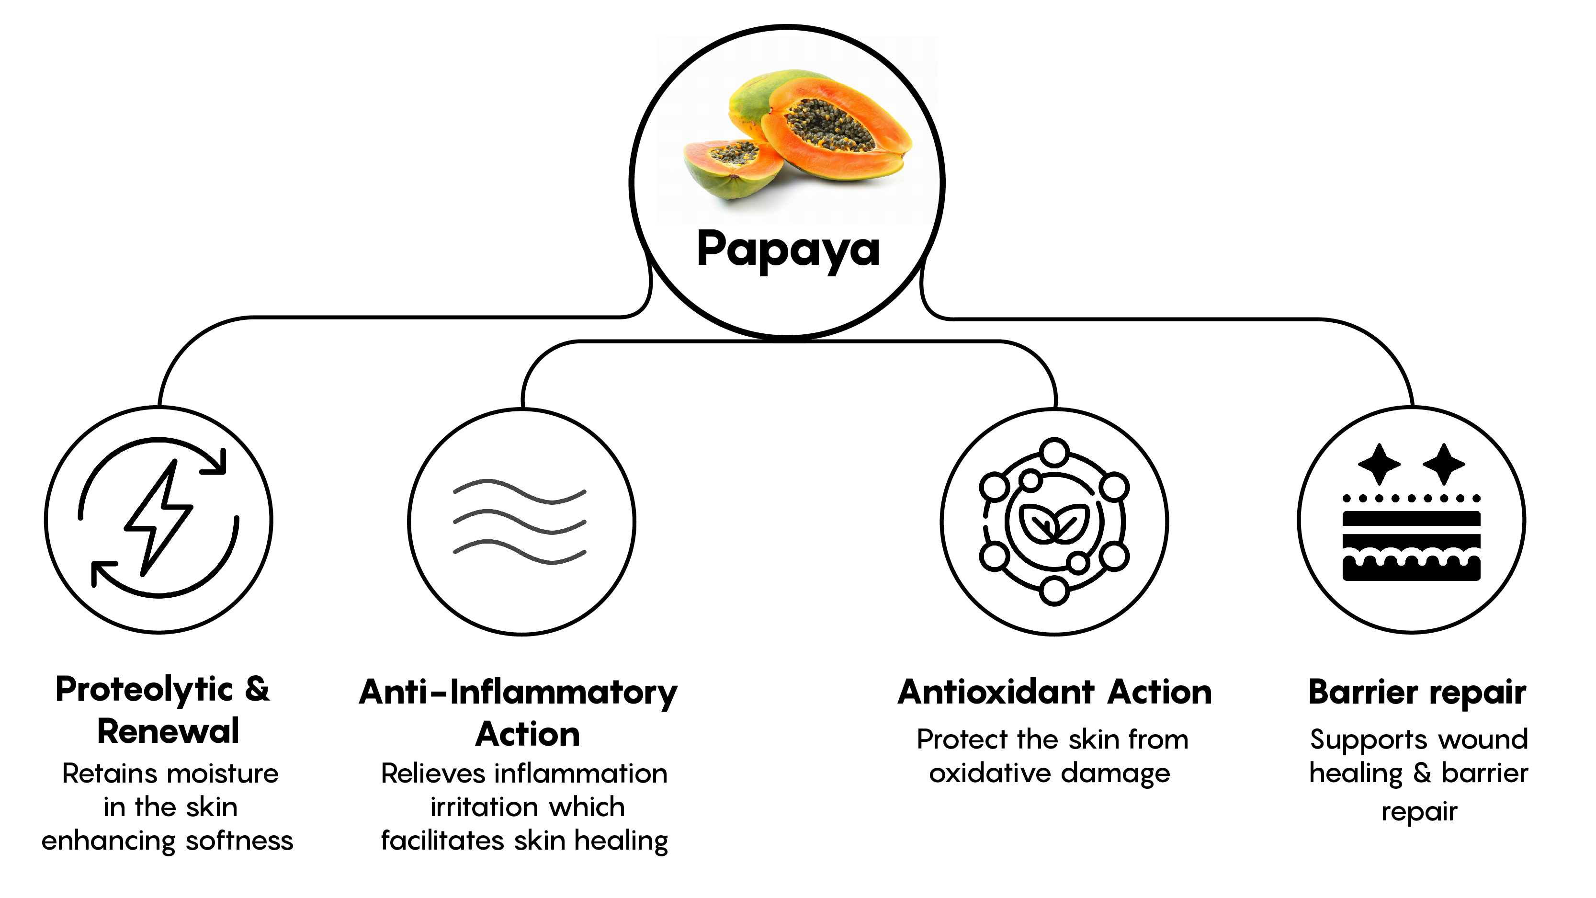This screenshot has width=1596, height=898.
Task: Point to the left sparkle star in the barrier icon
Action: coord(1379,464)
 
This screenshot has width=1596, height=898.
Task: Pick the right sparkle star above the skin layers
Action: coord(1444,464)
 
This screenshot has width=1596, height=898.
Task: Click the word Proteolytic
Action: coord(144,690)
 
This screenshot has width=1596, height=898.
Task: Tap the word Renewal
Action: coord(168,731)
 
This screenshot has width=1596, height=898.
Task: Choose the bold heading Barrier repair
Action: coord(1417,692)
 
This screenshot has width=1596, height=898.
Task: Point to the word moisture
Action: coord(224,773)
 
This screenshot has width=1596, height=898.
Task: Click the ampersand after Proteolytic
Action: coord(257,689)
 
